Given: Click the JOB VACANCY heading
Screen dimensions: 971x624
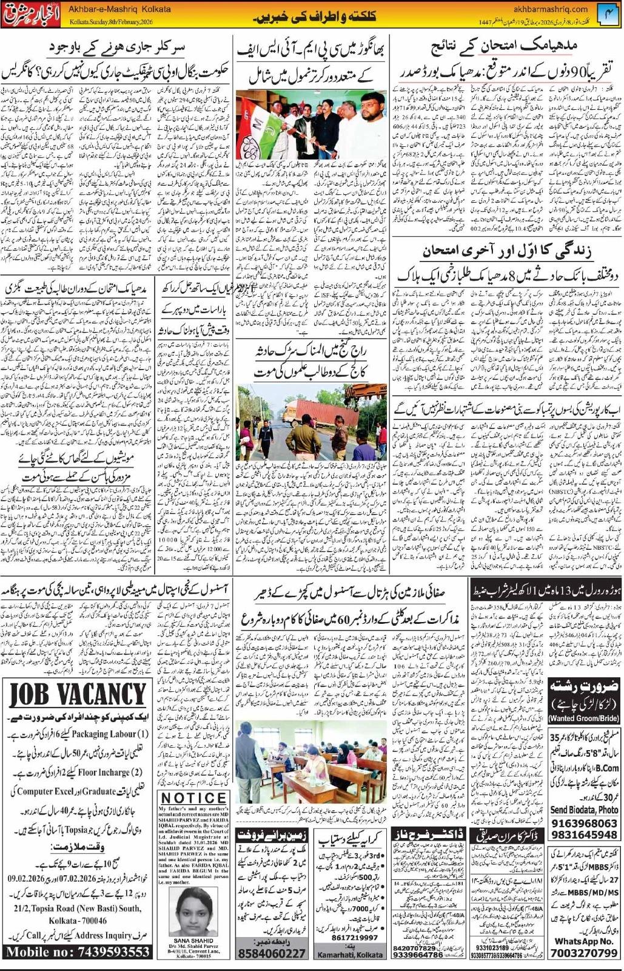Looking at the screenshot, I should (78, 694).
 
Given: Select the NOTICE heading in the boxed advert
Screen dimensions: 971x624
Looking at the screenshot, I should (193, 797).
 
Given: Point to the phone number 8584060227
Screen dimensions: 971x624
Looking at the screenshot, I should (272, 953).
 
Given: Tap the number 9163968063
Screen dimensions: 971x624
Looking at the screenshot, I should (584, 824).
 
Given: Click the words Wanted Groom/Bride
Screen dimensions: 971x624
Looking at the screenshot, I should (584, 719).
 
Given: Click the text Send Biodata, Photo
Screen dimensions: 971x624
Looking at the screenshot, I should (584, 810).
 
